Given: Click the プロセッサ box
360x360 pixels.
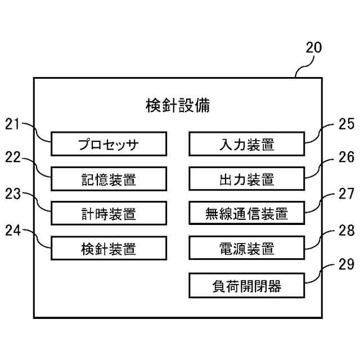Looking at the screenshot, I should coord(109,144).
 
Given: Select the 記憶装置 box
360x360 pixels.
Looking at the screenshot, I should coord(109,179).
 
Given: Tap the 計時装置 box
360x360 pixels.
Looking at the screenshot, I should coord(109,214).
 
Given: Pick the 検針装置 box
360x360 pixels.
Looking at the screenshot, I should coord(109,248).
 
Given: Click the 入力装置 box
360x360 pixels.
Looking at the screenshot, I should coord(246,144).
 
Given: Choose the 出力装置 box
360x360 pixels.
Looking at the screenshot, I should coord(246,179).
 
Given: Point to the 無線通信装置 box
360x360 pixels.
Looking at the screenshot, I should coord(246,214).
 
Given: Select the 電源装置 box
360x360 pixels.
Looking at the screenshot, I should coord(246,248).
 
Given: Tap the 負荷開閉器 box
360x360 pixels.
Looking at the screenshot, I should coord(246,286).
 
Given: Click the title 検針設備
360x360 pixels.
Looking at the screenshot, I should coord(178,106).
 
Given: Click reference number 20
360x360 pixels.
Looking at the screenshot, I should coord(313,47).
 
